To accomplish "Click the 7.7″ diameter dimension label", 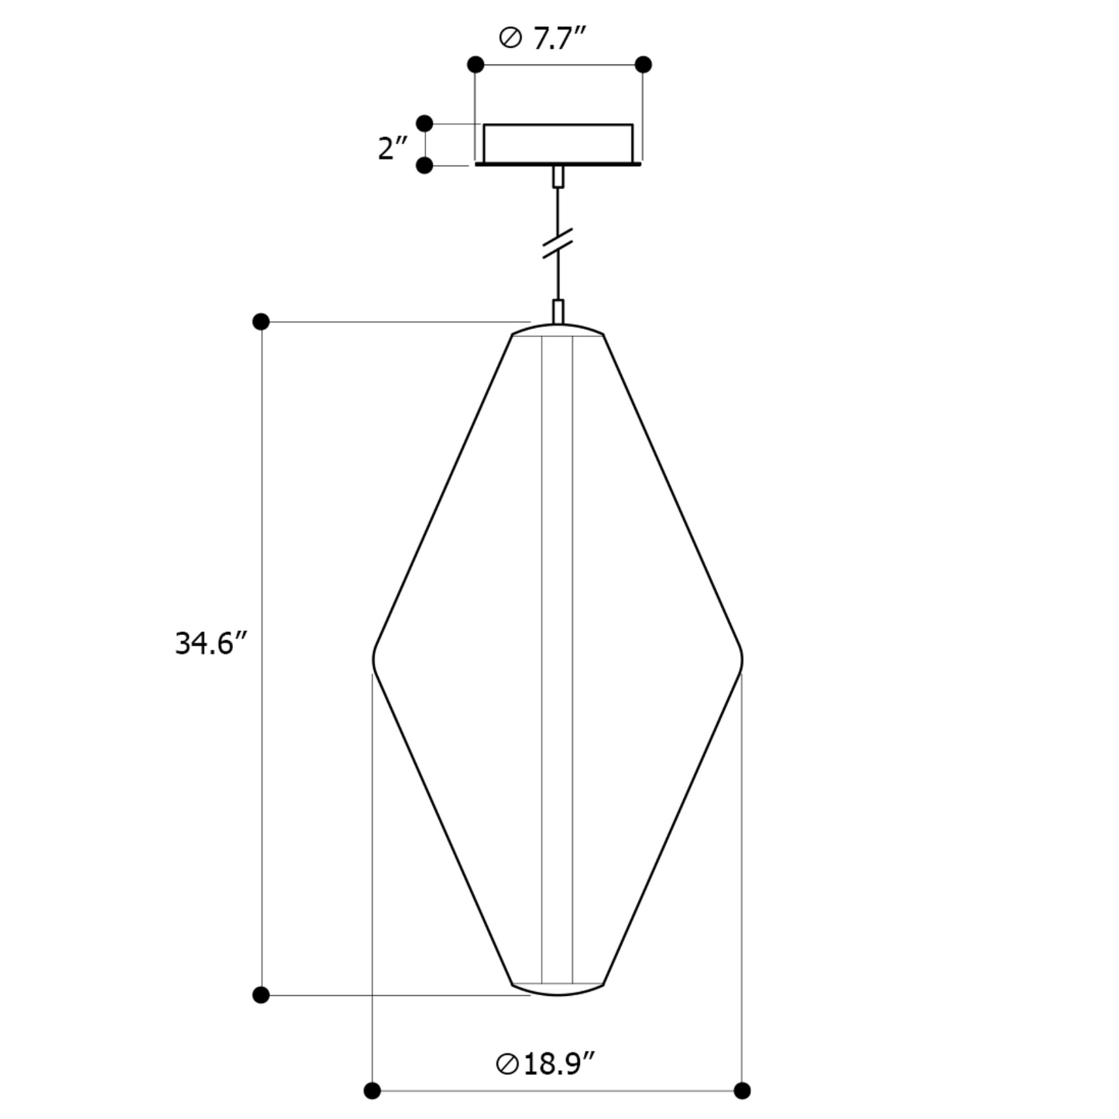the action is point(542,38).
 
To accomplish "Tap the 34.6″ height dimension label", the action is point(211,644).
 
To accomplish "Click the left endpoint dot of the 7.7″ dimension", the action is point(475,64).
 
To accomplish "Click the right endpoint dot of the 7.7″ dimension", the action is point(643,64).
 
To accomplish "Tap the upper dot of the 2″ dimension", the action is point(425,124).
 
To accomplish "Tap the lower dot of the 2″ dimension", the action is point(425,166).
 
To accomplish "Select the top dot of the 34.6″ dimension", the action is point(261,321).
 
